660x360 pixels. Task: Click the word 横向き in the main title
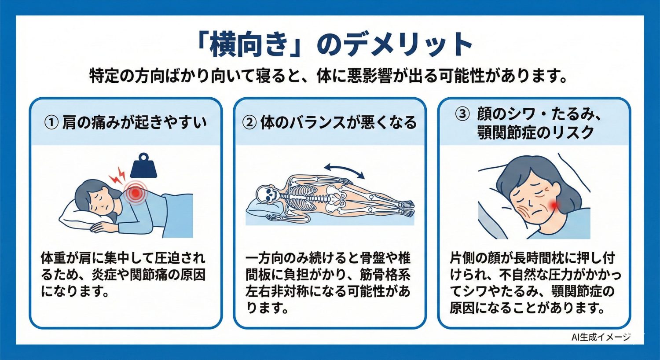[249, 45]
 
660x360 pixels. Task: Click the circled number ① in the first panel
[51, 123]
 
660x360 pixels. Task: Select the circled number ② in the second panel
[249, 123]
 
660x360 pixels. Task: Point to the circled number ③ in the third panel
[462, 114]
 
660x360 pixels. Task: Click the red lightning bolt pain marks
[117, 176]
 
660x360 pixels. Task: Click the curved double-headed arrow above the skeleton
[344, 170]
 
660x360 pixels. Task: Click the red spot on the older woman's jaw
[553, 204]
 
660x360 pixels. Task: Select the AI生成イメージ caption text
[601, 337]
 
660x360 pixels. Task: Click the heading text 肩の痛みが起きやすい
[134, 123]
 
